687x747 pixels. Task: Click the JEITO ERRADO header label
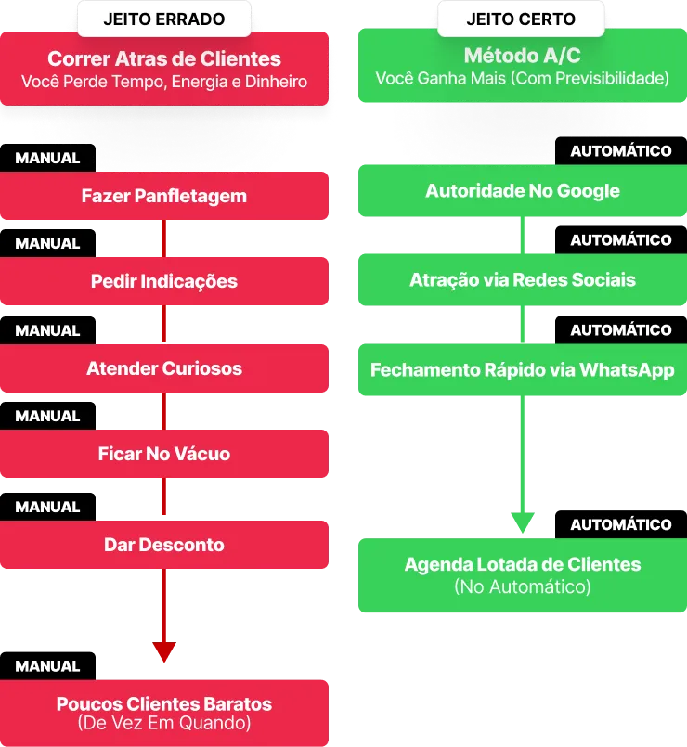tap(164, 19)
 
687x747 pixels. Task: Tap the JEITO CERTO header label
tap(521, 19)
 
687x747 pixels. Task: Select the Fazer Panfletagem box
tap(164, 196)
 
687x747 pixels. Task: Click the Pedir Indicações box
tap(164, 281)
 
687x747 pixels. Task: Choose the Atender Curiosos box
tap(164, 368)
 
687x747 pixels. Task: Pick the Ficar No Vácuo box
tap(164, 454)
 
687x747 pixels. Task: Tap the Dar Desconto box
tap(164, 545)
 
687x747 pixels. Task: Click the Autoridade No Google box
tap(523, 190)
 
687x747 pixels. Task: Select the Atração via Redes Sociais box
tap(523, 279)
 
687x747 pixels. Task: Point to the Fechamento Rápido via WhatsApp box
tap(523, 369)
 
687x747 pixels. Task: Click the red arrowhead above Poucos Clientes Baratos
tap(164, 651)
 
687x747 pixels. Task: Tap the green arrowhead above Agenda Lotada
tap(523, 522)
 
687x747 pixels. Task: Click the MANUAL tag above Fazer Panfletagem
tap(47, 158)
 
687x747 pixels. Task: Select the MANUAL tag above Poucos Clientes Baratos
tap(47, 666)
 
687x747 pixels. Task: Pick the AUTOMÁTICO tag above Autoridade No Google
tap(621, 151)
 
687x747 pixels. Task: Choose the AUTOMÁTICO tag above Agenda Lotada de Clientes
tap(621, 524)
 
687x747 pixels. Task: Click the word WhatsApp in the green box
tap(627, 370)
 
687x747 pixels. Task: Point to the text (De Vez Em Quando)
tap(164, 723)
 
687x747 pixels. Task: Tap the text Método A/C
tap(523, 56)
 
